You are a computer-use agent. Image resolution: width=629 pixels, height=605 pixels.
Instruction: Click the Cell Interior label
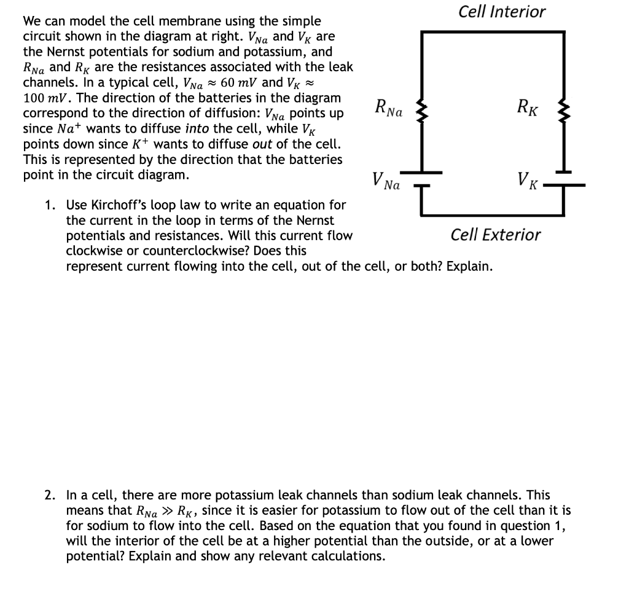tap(502, 12)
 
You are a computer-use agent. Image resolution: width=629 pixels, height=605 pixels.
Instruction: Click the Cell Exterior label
tap(496, 234)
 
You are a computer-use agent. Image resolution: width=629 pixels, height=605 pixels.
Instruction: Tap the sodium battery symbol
tap(422, 178)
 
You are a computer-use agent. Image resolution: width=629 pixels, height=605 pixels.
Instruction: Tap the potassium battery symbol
tap(564, 178)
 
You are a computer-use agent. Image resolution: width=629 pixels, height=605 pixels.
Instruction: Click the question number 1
tap(49, 205)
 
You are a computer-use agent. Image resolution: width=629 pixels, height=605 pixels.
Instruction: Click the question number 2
tap(49, 495)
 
